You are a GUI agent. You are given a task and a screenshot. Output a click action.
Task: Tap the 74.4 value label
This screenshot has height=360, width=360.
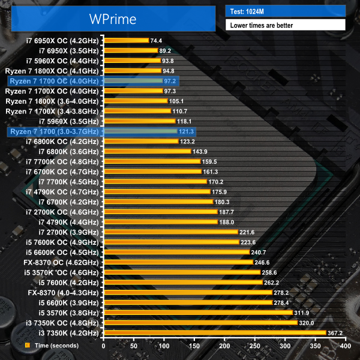click(158, 40)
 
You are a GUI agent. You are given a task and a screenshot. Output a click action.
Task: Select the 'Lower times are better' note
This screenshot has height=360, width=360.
click(285, 25)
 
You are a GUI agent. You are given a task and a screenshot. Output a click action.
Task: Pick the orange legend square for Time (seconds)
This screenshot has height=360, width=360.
click(27, 346)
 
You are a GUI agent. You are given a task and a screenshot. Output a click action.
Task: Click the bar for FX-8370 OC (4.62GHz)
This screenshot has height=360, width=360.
click(178, 262)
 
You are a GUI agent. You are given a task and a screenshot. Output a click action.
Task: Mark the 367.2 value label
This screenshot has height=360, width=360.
click(335, 332)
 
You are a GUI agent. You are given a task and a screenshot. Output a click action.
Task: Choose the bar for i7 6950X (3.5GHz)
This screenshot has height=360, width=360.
click(131, 50)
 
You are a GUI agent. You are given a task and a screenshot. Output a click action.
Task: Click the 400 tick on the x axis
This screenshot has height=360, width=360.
click(345, 346)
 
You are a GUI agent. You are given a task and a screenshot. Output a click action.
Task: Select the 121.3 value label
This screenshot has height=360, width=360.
click(187, 131)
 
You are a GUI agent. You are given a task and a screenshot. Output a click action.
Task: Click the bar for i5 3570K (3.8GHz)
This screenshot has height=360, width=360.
click(198, 313)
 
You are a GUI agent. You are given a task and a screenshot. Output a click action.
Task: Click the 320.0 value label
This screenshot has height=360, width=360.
click(307, 322)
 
